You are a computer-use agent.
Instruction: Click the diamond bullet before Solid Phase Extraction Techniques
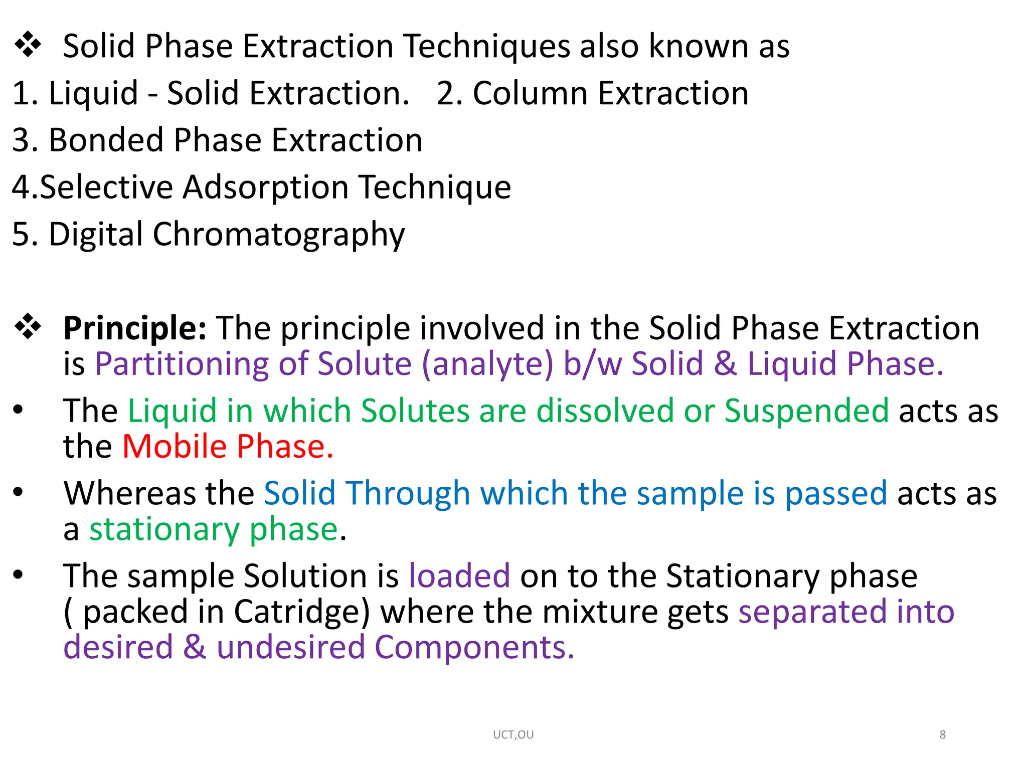[28, 45]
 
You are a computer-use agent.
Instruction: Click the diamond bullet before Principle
[28, 327]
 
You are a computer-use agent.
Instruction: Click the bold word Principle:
[134, 328]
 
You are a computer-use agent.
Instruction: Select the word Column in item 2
[530, 93]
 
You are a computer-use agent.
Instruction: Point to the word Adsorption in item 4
[265, 187]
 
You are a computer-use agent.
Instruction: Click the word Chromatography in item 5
[278, 235]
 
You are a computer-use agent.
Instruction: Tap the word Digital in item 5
[96, 235]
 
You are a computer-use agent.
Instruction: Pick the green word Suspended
[806, 411]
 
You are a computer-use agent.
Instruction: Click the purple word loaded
[459, 575]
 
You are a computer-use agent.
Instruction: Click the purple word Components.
[474, 647]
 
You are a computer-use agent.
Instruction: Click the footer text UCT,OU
[513, 735]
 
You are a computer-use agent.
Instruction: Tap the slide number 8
[942, 735]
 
